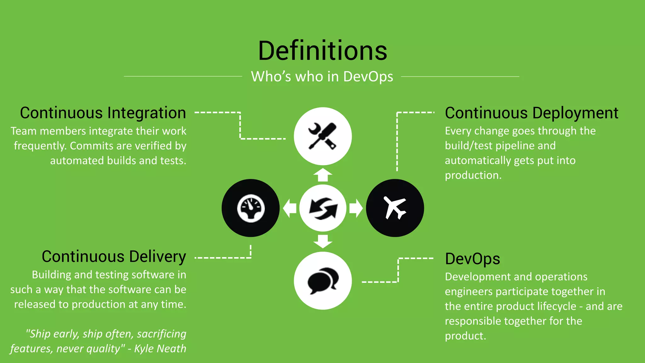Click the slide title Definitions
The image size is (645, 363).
coord(322,51)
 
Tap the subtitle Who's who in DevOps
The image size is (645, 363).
coord(322,77)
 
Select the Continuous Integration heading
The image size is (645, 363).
coord(103,113)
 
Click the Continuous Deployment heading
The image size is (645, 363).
coord(532,113)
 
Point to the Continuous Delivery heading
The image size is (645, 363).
coord(114,257)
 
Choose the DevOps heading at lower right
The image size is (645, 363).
coord(472,259)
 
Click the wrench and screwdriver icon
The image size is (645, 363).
coord(322,136)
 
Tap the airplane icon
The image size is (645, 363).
coord(395,208)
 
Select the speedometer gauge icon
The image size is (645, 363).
coord(251,208)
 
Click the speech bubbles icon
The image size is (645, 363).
coord(322,280)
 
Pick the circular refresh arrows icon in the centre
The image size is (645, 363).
coord(322,208)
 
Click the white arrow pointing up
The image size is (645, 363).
coord(322,175)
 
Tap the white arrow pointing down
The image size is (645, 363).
coord(322,241)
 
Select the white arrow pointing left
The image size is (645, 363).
coord(289,208)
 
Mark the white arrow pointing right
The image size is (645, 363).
coord(356,208)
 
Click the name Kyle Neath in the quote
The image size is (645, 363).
coord(160,349)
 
